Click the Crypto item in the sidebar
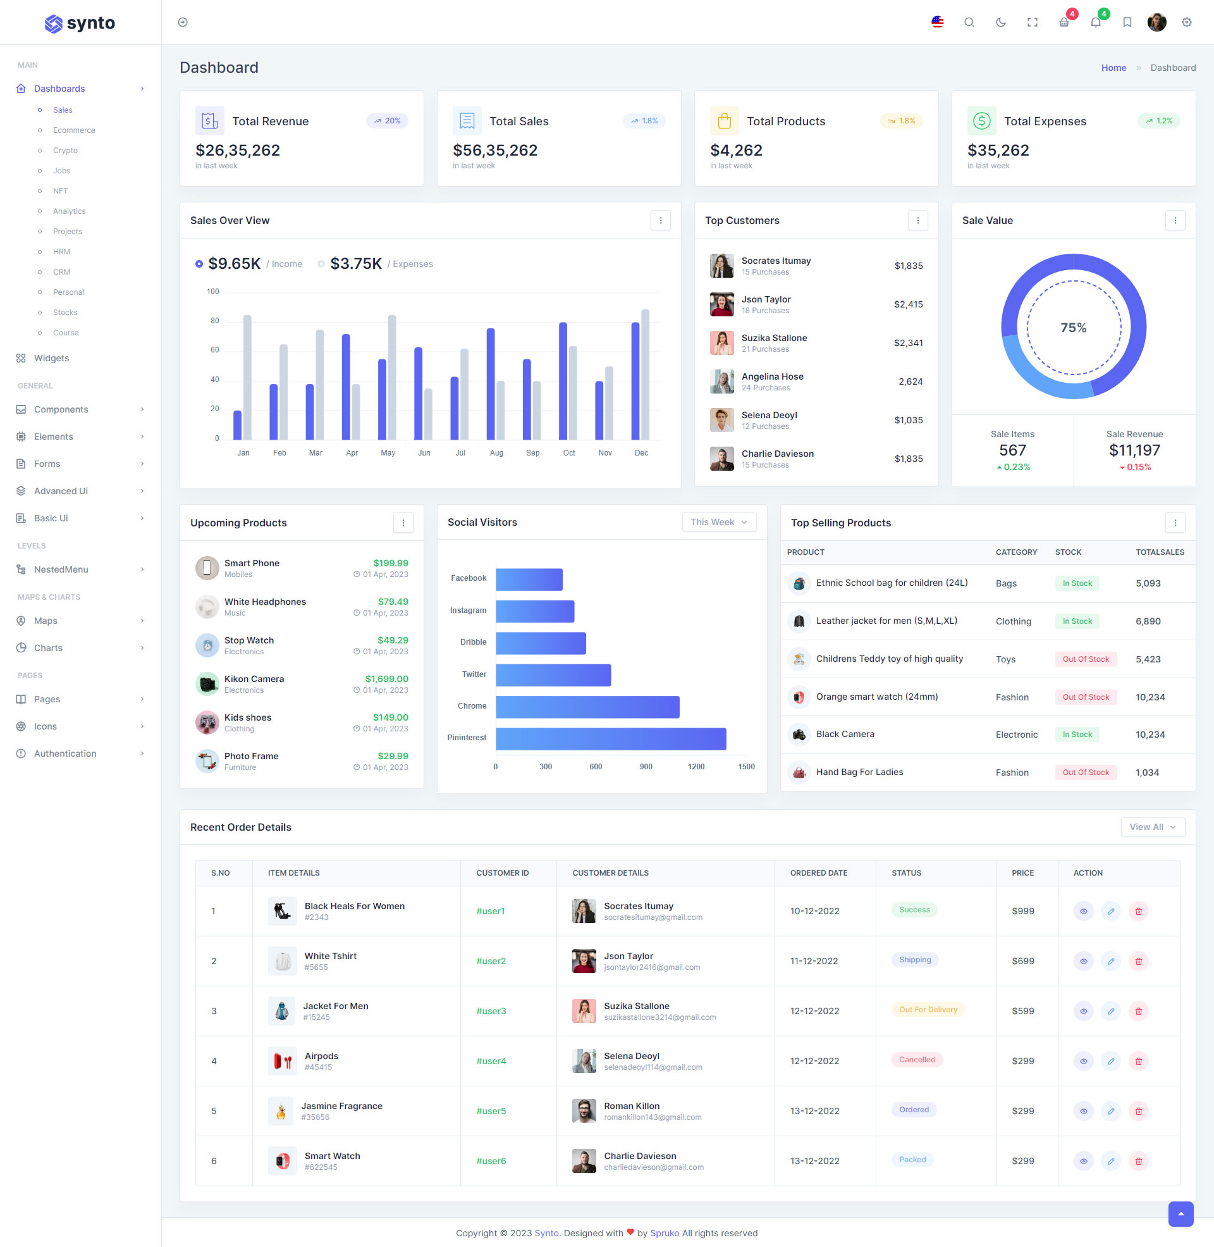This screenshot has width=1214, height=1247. point(65,151)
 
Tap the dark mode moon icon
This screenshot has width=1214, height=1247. point(1000,22)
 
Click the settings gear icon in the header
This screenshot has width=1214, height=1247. point(1186,22)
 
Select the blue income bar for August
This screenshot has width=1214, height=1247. point(490,384)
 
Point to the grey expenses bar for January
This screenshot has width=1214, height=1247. point(247,377)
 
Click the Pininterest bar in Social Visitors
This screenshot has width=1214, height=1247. point(610,738)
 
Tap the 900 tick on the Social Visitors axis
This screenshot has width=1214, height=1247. point(646,767)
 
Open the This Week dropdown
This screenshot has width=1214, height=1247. point(718,522)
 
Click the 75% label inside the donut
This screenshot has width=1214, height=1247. point(1073,328)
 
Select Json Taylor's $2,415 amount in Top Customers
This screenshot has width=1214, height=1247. point(908,304)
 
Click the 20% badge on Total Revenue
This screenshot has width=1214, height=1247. point(387,121)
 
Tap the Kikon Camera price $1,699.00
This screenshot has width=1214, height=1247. point(386,679)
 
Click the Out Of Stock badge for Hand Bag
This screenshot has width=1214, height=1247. point(1085,772)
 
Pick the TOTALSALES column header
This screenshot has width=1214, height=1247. point(1159,552)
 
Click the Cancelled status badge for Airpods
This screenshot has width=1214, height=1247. point(917,1060)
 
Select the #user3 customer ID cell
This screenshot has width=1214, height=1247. point(491,1011)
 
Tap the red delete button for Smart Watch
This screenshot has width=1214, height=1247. point(1138,1161)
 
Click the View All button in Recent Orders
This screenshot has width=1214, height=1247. point(1152,827)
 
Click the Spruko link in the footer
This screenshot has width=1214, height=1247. point(665,1233)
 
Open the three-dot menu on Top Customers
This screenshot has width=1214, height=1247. point(917,220)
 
